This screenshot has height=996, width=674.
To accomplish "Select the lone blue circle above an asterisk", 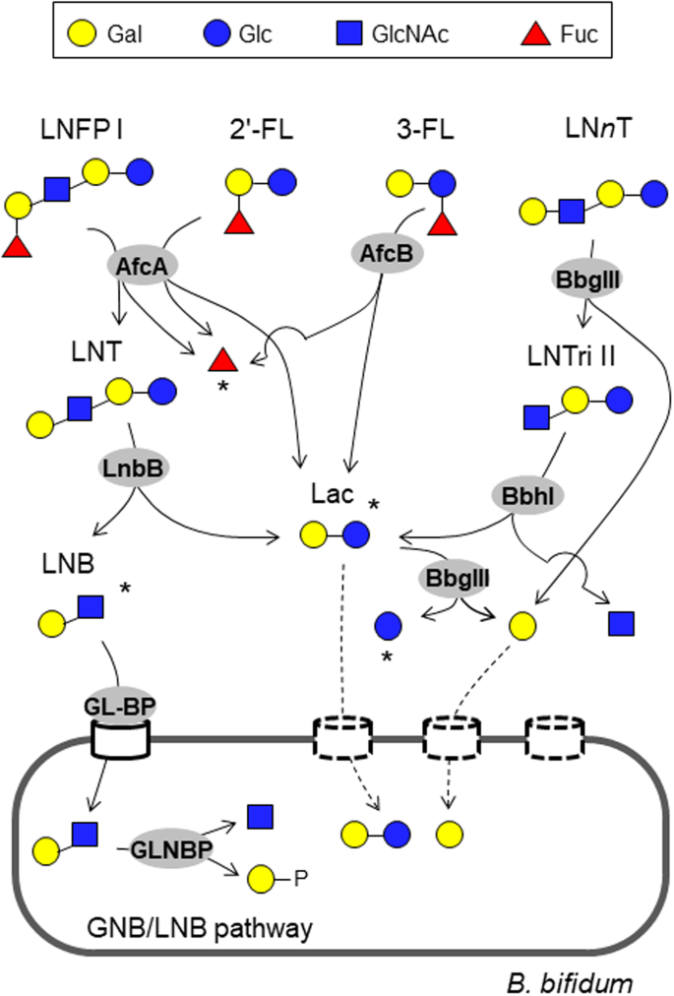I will click(x=389, y=624).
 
